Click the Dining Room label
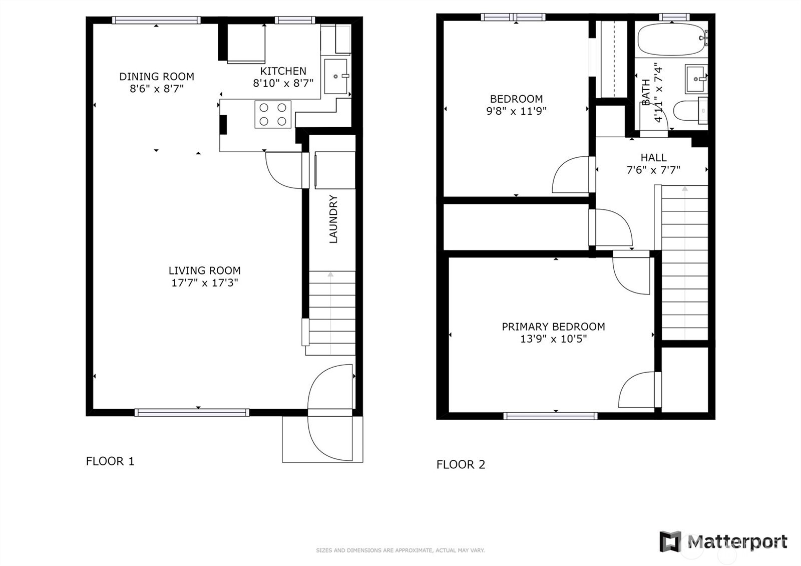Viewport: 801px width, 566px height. [x=156, y=77]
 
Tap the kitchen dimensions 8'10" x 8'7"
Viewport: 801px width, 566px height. [x=283, y=83]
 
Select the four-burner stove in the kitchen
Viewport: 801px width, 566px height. [x=273, y=114]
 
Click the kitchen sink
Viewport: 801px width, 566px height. [x=335, y=76]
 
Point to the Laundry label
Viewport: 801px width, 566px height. [x=333, y=219]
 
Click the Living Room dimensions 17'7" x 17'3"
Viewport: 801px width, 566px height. [x=204, y=282]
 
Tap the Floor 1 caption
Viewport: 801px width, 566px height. [x=110, y=461]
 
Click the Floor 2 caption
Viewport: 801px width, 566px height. [x=461, y=464]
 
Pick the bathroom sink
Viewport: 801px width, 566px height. [x=696, y=79]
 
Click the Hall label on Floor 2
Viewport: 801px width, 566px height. [x=653, y=158]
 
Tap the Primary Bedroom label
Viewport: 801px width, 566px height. [x=553, y=327]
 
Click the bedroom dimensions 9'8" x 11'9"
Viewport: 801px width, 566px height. [x=516, y=111]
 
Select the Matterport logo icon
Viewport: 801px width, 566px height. [x=670, y=541]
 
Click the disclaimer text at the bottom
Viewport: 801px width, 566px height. [x=400, y=550]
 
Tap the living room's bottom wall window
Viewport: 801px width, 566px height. [x=192, y=413]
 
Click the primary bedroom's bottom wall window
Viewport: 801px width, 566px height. [x=550, y=416]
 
